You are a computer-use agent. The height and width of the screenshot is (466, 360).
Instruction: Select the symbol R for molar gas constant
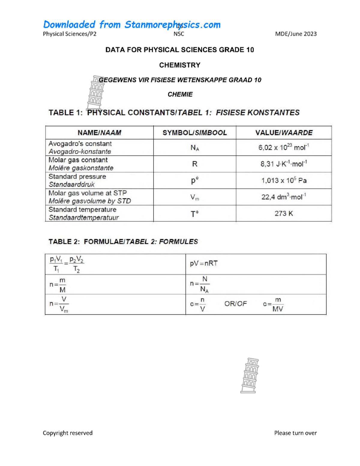point(195,164)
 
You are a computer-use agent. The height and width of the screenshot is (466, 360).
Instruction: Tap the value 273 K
point(283,213)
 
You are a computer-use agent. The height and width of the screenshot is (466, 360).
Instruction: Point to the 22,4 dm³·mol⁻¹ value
point(283,197)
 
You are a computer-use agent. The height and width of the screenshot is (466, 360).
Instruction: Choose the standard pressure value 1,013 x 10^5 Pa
point(283,180)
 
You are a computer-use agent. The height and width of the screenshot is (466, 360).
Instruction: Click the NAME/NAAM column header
point(99,133)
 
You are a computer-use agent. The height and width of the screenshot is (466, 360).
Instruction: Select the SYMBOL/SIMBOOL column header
point(195,133)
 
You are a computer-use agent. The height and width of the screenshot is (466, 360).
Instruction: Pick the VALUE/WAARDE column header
point(284,133)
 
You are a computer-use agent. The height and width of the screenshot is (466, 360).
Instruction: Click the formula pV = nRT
point(204,263)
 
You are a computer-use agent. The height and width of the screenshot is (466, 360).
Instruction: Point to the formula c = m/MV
point(273,304)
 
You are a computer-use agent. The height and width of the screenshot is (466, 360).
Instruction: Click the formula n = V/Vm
point(59,304)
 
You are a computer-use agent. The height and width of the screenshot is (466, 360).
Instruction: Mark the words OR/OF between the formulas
point(235,304)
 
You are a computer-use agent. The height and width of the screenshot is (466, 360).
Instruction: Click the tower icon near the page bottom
point(249,375)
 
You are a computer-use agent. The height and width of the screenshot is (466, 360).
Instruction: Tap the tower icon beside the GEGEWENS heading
point(96,92)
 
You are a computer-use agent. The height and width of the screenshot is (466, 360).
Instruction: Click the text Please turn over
point(295,433)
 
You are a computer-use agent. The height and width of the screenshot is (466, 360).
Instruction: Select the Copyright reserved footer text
point(67,433)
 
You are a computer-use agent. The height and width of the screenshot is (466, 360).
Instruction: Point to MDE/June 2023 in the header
point(296,34)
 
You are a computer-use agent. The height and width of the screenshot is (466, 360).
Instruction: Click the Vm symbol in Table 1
point(195,197)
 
